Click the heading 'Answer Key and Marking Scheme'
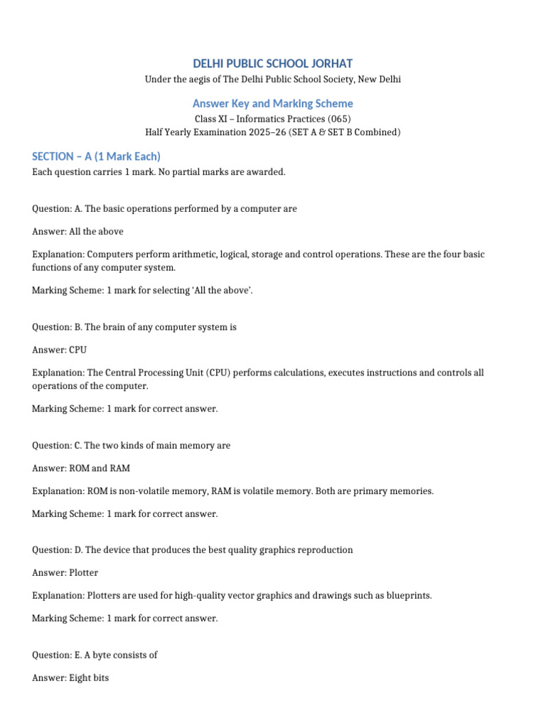point(273,104)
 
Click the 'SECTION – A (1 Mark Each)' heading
point(96,156)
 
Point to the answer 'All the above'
point(97,231)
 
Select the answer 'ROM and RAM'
point(100,469)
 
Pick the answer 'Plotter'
point(84,572)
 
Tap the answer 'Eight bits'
point(89,678)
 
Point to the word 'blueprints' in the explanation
point(408,595)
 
